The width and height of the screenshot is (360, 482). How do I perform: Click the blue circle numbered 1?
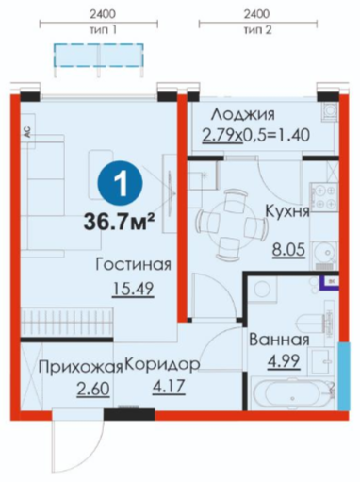click(x=120, y=184)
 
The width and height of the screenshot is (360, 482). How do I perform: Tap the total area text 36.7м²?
click(x=119, y=223)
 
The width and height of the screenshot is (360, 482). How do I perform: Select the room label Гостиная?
click(x=133, y=265)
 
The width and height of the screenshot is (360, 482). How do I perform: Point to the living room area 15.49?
click(x=133, y=289)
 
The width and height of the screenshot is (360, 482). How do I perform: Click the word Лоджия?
click(x=242, y=114)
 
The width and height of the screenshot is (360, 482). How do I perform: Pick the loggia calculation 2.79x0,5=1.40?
click(x=256, y=136)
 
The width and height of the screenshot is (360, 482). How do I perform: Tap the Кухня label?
click(x=287, y=211)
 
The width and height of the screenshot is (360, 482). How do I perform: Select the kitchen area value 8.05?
click(x=288, y=250)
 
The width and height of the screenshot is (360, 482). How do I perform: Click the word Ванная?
click(x=279, y=340)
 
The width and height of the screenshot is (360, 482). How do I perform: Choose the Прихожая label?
click(x=80, y=367)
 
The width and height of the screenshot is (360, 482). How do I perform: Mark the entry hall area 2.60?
click(x=93, y=389)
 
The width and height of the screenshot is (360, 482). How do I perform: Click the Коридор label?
click(x=163, y=365)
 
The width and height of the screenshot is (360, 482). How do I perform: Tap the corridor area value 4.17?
click(x=169, y=387)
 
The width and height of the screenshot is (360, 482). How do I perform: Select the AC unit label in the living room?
click(x=27, y=133)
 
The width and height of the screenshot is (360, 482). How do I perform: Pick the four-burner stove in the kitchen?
click(x=324, y=195)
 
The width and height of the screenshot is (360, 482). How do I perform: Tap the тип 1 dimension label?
click(x=103, y=30)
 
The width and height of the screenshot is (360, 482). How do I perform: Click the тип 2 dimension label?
click(x=257, y=30)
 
